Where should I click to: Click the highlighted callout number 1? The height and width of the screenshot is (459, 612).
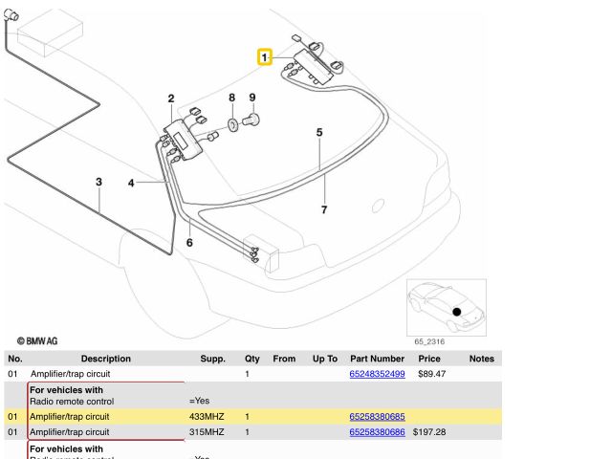point(265,57)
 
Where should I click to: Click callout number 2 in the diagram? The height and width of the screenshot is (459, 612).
point(170,99)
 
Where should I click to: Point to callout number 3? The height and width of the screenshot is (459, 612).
point(98,182)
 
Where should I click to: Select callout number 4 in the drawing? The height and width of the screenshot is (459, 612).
point(132,182)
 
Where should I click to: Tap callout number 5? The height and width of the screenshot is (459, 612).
point(319,133)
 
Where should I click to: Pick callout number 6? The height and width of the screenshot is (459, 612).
point(188,243)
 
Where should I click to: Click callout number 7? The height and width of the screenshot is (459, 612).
point(324,209)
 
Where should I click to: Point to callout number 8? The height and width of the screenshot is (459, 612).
point(230,98)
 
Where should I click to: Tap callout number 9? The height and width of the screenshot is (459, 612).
point(252,98)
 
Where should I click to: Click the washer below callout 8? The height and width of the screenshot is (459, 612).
point(232,124)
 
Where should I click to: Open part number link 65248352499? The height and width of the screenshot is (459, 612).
point(377,374)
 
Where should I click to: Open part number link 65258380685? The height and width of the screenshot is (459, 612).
point(377,417)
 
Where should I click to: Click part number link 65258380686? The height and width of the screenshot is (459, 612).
point(377,432)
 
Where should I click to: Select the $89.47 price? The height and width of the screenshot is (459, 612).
point(431,374)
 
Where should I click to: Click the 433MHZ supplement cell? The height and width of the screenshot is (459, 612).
point(207,417)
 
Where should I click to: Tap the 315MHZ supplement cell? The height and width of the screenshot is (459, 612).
point(207,432)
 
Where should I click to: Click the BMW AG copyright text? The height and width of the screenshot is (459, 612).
point(38,339)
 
